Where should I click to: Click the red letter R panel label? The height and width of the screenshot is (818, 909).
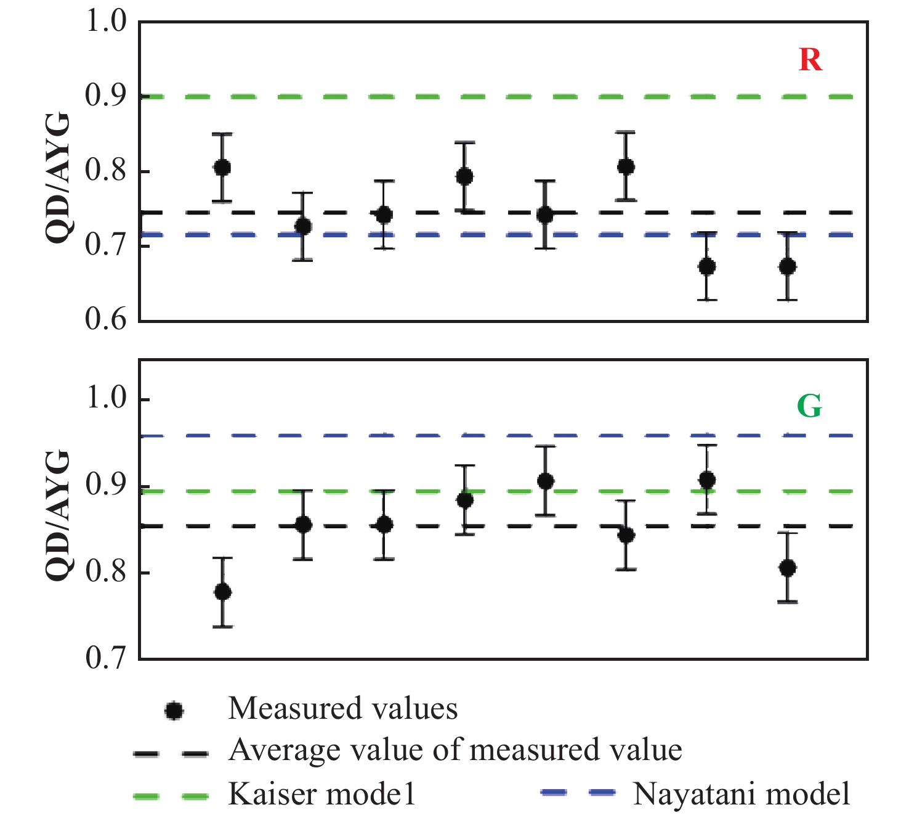tap(810, 60)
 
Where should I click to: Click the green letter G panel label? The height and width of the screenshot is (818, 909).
tap(809, 406)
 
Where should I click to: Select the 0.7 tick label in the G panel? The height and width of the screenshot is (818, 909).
tap(105, 658)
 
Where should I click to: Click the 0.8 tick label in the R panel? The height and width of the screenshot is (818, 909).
tap(105, 171)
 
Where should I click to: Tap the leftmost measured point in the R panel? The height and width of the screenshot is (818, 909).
tap(222, 167)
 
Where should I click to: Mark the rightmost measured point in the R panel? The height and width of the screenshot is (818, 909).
tap(787, 266)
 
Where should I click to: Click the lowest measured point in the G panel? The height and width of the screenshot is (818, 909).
tap(222, 592)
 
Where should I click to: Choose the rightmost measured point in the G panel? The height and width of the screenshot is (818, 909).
tap(787, 568)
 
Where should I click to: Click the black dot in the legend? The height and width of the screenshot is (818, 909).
tap(174, 711)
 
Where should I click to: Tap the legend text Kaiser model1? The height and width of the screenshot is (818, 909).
tap(321, 794)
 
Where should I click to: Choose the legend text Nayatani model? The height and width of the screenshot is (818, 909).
tap(741, 794)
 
